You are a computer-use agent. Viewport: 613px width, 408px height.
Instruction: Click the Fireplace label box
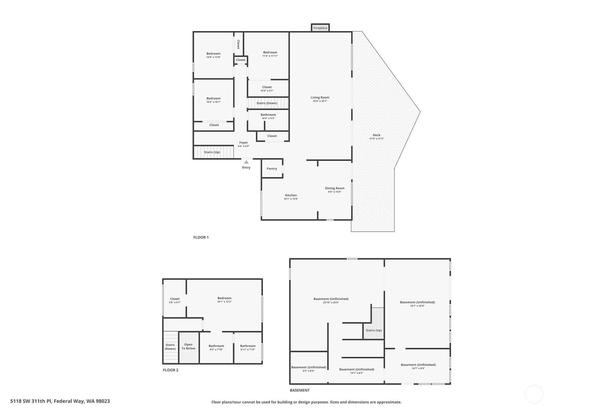[320, 28]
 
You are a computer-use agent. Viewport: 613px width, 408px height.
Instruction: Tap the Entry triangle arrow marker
[246, 162]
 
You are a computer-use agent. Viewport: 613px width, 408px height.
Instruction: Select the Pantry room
[272, 168]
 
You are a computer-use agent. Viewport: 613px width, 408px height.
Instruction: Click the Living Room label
[320, 97]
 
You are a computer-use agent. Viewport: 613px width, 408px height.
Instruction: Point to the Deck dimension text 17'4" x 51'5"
[376, 139]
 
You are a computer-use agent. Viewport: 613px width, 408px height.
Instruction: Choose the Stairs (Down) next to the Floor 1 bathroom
[267, 103]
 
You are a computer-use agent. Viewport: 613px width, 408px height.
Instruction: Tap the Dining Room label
[334, 188]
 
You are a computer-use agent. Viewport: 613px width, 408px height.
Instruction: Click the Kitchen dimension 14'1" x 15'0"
[291, 199]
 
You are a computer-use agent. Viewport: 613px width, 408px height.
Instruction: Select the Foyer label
[243, 142]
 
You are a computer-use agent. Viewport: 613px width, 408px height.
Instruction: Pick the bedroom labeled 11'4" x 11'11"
[270, 54]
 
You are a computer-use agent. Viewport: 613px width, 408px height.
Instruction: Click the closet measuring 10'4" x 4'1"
[267, 89]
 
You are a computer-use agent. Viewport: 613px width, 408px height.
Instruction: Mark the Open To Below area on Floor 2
[189, 347]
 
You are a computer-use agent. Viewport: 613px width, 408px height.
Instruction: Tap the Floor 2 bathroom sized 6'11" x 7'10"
[248, 347]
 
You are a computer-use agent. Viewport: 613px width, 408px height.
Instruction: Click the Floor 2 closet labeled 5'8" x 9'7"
[174, 300]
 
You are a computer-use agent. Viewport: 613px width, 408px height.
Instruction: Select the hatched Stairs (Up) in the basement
[374, 330]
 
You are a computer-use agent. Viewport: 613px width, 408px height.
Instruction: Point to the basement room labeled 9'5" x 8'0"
[308, 369]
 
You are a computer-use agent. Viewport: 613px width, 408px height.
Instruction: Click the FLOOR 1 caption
[201, 237]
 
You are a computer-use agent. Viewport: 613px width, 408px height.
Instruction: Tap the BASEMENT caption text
[299, 390]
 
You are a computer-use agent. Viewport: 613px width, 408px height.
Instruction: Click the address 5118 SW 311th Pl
[60, 401]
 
